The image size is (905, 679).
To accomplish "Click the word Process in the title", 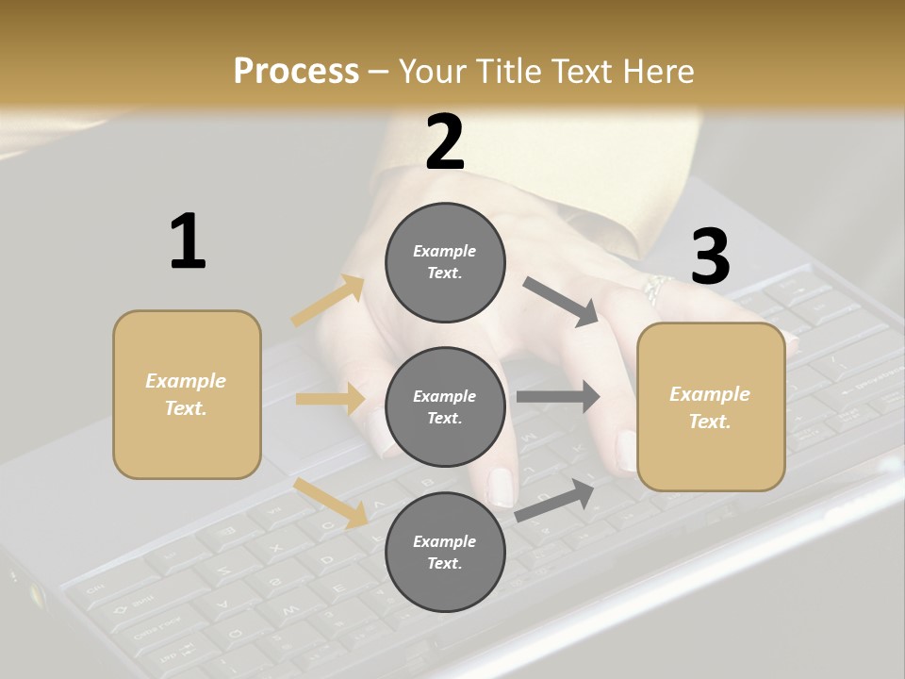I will tap(296, 72).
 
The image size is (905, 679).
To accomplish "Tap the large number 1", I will tap(188, 242).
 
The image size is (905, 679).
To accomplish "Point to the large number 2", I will tap(445, 142).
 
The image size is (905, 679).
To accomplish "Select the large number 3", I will tap(710, 257).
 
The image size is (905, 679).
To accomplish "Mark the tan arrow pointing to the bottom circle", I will tap(331, 503).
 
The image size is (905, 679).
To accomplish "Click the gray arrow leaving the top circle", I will tap(561, 302).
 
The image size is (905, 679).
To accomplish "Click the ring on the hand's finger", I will tap(656, 288).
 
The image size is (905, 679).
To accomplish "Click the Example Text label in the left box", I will tap(186, 394).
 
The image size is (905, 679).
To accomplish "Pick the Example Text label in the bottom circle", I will tap(444, 552).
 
